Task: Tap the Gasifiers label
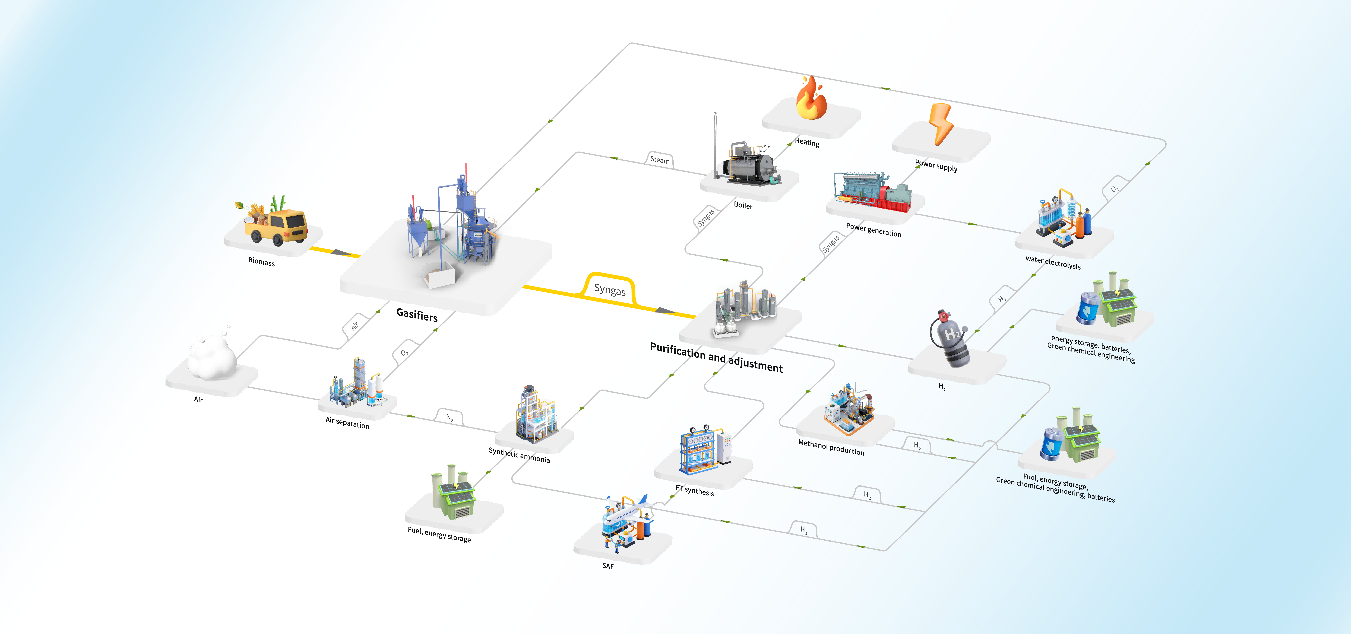(x=417, y=315)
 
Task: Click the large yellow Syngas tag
(x=609, y=289)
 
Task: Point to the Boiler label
(x=743, y=205)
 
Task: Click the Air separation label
(x=347, y=423)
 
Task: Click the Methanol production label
(x=831, y=447)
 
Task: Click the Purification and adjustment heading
(x=716, y=357)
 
